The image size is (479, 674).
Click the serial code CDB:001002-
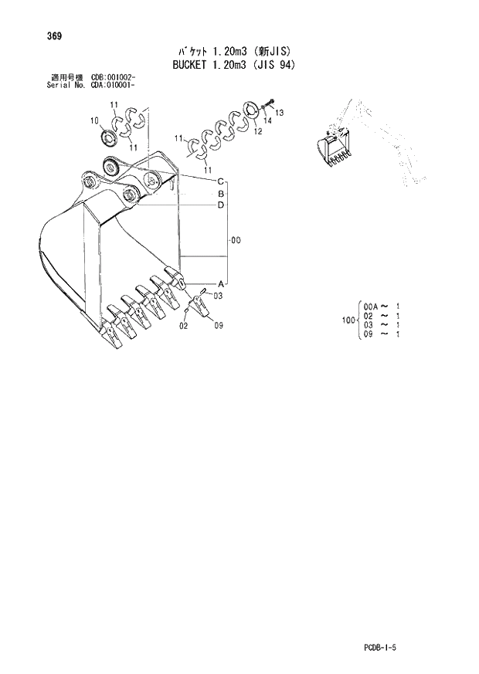(114, 78)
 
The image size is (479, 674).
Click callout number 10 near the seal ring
(94, 121)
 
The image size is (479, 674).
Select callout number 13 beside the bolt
(279, 113)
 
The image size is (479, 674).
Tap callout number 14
(267, 121)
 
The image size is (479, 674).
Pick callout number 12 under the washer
(257, 132)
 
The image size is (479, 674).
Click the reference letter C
(220, 181)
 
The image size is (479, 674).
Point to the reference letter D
(220, 205)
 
